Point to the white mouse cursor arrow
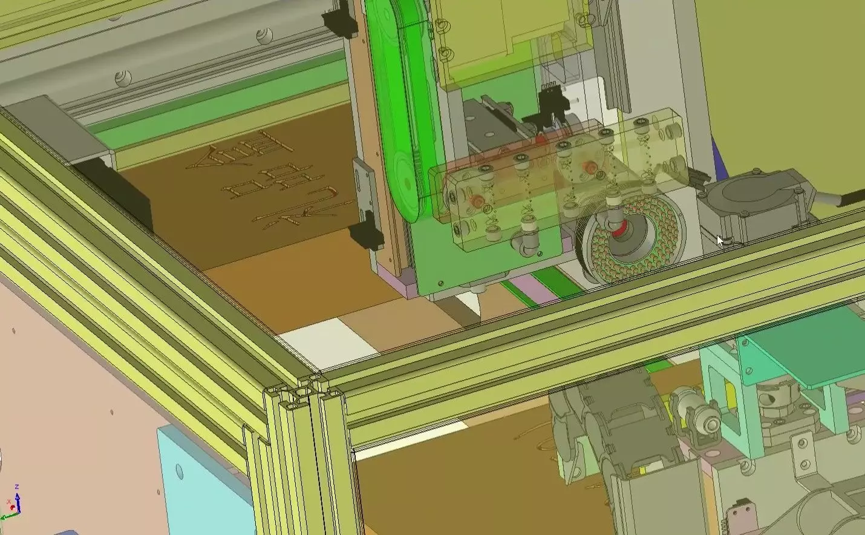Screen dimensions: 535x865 pyautogui.click(x=719, y=240)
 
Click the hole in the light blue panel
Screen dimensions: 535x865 pyautogui.click(x=179, y=470)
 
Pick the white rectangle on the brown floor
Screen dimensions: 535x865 pyautogui.click(x=327, y=340)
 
